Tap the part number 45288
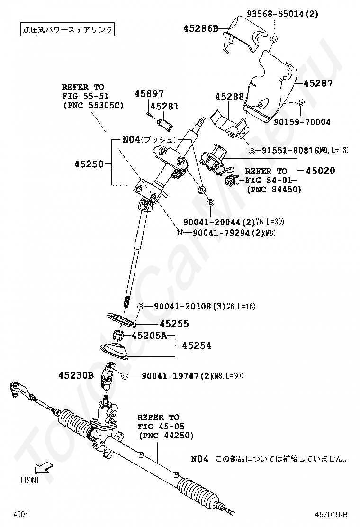coord(229,97)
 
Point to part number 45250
coord(89,164)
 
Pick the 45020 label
coord(320,171)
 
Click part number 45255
coord(174,324)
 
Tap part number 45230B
coord(76,376)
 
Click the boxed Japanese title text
coord(68,29)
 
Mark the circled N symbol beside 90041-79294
coord(180,233)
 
